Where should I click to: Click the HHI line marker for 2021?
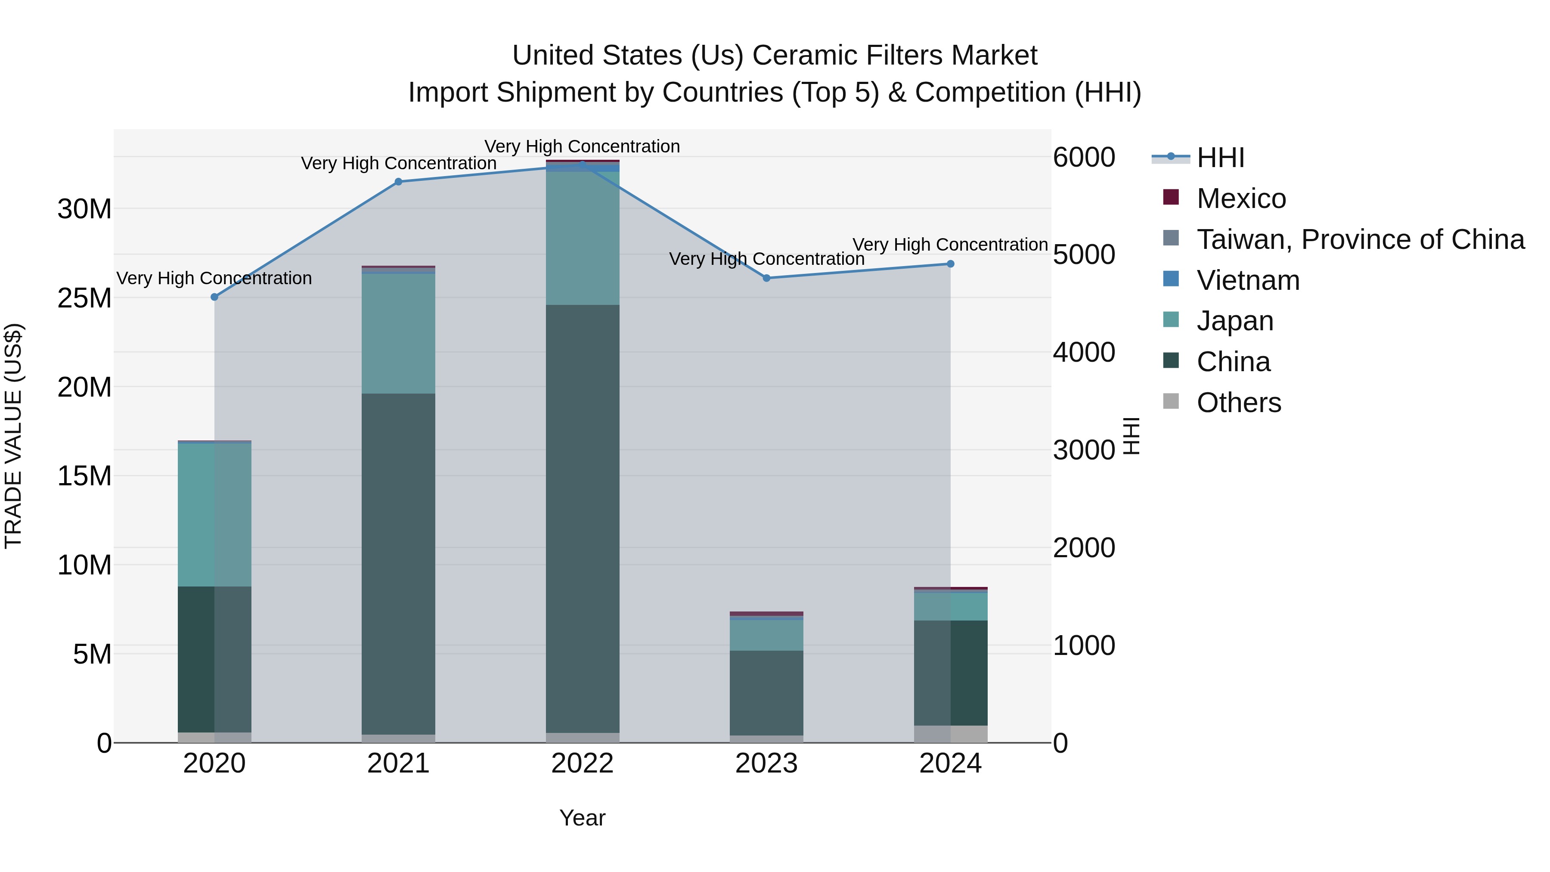pyautogui.click(x=398, y=182)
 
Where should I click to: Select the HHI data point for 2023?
pyautogui.click(x=766, y=278)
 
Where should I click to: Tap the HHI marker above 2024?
pyautogui.click(x=951, y=264)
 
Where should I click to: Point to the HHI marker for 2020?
pyautogui.click(x=214, y=297)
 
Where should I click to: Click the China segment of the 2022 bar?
pyautogui.click(x=583, y=518)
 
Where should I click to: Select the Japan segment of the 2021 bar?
pyautogui.click(x=398, y=334)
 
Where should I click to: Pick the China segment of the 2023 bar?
pyautogui.click(x=766, y=692)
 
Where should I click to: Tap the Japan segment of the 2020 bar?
pyautogui.click(x=214, y=515)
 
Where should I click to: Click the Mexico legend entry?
pyautogui.click(x=1241, y=199)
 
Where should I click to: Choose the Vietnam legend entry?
pyautogui.click(x=1248, y=280)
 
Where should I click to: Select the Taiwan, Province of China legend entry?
pyautogui.click(x=1360, y=239)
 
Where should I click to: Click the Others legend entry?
pyautogui.click(x=1239, y=403)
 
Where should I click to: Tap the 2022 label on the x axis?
pyautogui.click(x=583, y=763)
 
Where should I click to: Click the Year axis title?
pyautogui.click(x=583, y=818)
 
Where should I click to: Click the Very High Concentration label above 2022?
pyautogui.click(x=583, y=146)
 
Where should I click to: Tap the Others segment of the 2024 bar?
pyautogui.click(x=951, y=734)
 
